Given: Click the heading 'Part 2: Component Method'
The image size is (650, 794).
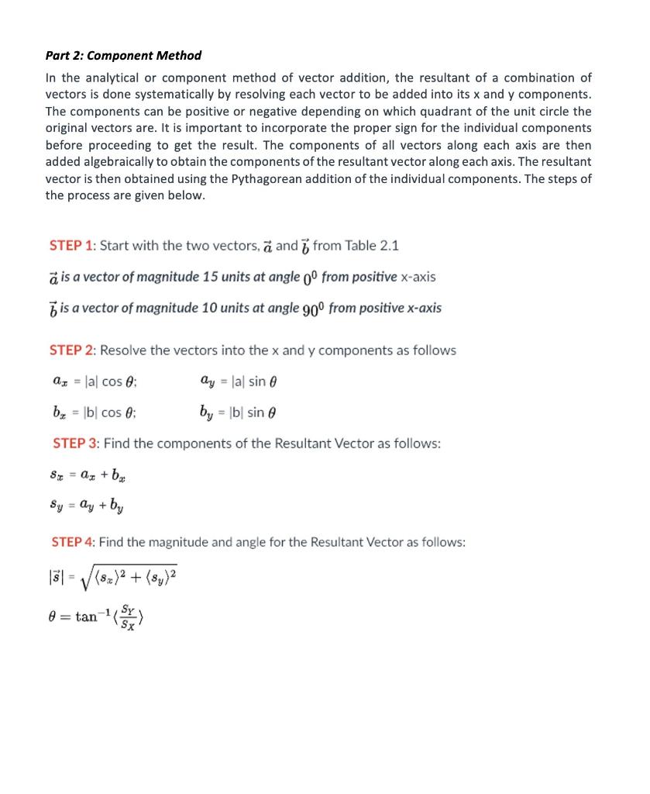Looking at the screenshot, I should pyautogui.click(x=123, y=55).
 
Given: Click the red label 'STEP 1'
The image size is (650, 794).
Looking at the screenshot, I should pyautogui.click(x=71, y=246).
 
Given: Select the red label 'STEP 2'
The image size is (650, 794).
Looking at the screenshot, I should pyautogui.click(x=71, y=350).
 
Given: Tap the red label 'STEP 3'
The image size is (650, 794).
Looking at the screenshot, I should pyautogui.click(x=75, y=444).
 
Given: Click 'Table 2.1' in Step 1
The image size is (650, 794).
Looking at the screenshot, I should pyautogui.click(x=372, y=246).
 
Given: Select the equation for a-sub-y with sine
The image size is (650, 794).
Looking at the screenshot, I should pyautogui.click(x=238, y=381).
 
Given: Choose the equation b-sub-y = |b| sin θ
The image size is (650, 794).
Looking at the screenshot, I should pyautogui.click(x=238, y=413).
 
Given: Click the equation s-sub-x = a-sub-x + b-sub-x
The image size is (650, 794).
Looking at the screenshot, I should pyautogui.click(x=86, y=475).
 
